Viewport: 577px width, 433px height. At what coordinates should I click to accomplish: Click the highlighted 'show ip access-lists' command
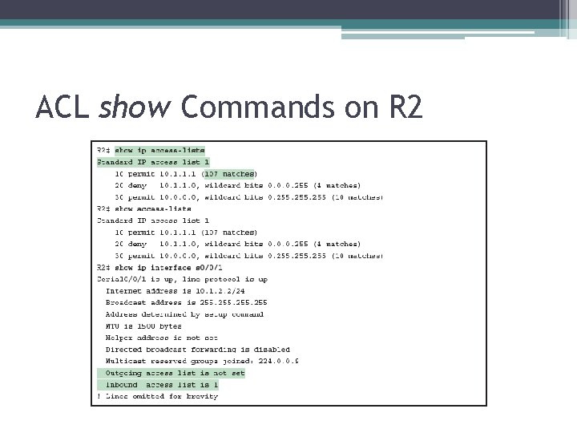pos(159,150)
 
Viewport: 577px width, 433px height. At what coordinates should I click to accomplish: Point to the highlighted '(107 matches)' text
pos(229,173)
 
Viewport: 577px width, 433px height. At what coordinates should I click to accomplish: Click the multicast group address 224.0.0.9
pos(277,361)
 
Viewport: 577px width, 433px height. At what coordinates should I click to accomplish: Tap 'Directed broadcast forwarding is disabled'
pos(197,349)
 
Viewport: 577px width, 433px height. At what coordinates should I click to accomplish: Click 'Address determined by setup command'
pos(184,314)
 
